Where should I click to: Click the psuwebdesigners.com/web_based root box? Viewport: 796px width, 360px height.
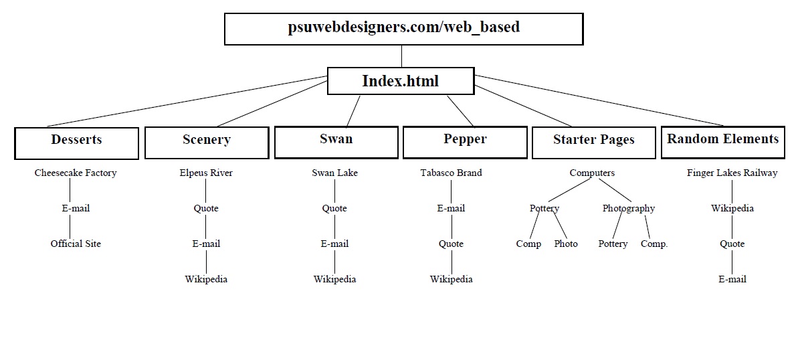click(x=403, y=29)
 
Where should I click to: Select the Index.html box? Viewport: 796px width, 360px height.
click(x=401, y=81)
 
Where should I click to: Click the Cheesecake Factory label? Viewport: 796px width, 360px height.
click(x=76, y=173)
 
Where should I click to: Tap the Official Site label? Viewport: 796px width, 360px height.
click(x=76, y=244)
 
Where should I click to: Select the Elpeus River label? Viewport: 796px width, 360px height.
click(x=206, y=173)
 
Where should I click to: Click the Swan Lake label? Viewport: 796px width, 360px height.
click(x=334, y=173)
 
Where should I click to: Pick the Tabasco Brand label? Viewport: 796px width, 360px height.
click(x=451, y=173)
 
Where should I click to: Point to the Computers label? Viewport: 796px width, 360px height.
click(x=592, y=173)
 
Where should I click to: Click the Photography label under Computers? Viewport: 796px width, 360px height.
click(x=628, y=208)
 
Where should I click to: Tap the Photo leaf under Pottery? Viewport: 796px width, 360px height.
click(x=566, y=244)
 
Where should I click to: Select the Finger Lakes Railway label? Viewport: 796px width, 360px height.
click(x=732, y=173)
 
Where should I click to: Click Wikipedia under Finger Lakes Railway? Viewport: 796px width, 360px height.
click(x=732, y=208)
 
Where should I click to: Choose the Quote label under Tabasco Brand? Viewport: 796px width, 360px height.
click(x=451, y=244)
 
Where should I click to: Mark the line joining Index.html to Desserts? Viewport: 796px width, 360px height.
click(x=187, y=101)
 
